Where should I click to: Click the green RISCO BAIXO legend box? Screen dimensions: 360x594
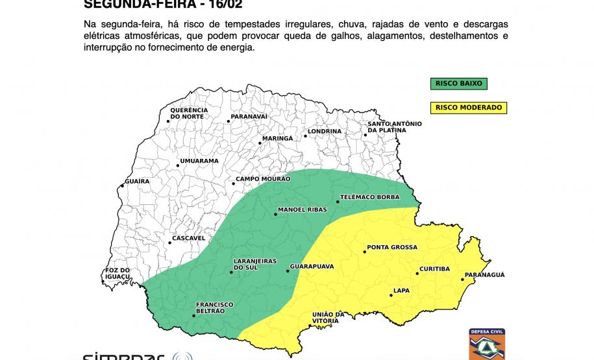click(x=457, y=84)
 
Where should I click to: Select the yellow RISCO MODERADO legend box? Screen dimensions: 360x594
click(x=469, y=107)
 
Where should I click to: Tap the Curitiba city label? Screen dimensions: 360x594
click(x=435, y=269)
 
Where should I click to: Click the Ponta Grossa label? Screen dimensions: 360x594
click(x=392, y=247)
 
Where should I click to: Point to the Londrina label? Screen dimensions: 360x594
click(x=325, y=131)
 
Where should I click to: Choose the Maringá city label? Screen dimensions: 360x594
click(x=277, y=138)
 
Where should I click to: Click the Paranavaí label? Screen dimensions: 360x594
click(x=249, y=116)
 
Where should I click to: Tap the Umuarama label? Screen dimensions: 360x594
click(x=199, y=160)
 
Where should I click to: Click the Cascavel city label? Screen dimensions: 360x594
click(x=190, y=238)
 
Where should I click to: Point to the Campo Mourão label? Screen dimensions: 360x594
click(x=263, y=178)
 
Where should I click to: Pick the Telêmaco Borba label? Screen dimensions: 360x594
click(x=365, y=197)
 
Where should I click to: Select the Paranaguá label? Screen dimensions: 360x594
click(x=485, y=275)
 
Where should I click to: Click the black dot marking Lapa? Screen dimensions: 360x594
click(x=391, y=296)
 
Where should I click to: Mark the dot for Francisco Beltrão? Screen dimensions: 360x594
click(x=193, y=316)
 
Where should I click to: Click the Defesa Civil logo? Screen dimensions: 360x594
click(x=487, y=344)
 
